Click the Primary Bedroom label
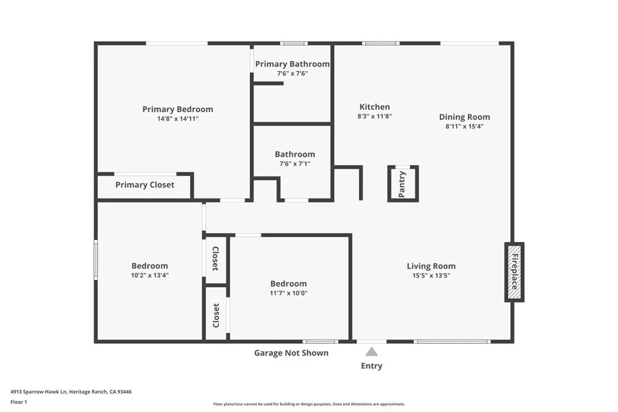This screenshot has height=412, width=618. coord(177,109)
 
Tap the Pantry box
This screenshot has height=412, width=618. coord(403,183)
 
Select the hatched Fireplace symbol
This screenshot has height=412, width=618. coord(514,272)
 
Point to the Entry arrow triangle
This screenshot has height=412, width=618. coord(372,352)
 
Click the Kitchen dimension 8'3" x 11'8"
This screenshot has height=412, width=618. coord(375,116)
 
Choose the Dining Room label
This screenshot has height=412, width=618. coord(464,117)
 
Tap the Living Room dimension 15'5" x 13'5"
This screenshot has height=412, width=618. coord(431,275)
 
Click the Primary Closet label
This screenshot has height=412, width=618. coord(145,185)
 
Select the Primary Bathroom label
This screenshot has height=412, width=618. coord(292,64)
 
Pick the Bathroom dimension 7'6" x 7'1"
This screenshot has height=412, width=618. coord(295,163)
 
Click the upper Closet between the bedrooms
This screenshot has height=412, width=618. coord(215,258)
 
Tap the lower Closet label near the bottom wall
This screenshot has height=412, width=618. coord(216,315)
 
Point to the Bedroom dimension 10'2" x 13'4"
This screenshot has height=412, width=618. coord(150,275)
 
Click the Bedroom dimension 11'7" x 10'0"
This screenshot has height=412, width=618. coord(288,293)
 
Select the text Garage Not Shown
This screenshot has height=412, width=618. coord(291,353)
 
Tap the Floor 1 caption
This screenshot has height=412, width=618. coord(19,402)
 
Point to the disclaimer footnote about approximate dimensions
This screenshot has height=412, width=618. coord(308,404)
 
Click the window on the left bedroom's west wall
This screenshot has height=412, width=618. coord(95,259)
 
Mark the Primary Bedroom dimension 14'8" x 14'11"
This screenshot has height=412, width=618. coord(177,119)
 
